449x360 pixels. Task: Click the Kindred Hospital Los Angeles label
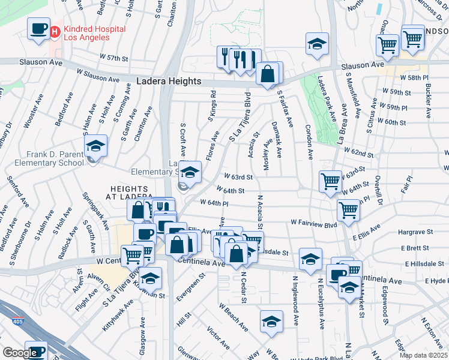86,33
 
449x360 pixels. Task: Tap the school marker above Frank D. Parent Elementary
95,146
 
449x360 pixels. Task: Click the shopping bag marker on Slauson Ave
268,74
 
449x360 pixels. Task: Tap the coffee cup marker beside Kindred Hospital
39,29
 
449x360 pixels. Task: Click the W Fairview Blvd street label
314,222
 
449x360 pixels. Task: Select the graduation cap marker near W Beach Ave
271,322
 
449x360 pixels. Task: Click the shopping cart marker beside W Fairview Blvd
348,210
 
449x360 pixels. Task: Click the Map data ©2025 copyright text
423,355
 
